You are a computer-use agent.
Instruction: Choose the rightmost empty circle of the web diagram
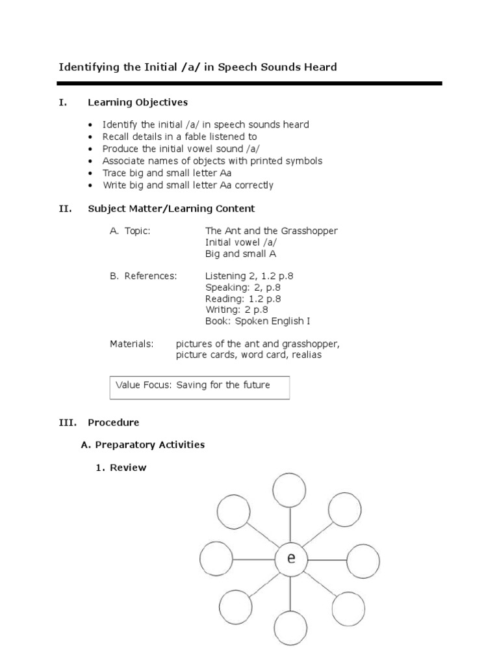363,559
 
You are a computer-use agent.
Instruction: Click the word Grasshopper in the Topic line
311,231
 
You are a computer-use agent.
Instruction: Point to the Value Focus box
200,386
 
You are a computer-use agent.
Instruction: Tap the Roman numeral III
68,423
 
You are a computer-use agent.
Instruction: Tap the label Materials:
131,343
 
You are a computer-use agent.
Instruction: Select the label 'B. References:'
143,276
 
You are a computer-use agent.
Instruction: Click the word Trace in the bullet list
114,173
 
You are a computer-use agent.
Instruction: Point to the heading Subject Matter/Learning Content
172,209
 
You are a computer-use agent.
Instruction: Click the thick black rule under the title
249,83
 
